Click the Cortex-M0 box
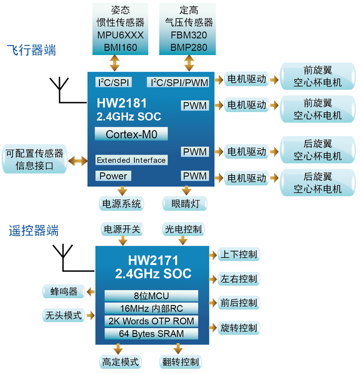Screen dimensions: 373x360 [131, 135]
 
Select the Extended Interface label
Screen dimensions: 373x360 [131, 160]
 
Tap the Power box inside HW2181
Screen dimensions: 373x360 [113, 176]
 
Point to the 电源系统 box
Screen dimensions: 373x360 [121, 203]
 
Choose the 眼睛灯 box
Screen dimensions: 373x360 [185, 203]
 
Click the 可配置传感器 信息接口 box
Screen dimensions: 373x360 [34, 159]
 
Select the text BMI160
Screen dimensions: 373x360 [120, 47]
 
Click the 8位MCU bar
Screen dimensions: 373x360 [151, 296]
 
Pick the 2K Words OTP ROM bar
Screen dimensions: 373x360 [151, 321]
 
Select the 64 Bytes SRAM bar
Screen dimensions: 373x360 [151, 333]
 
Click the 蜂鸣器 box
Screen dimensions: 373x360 [64, 291]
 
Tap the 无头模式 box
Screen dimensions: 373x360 [63, 315]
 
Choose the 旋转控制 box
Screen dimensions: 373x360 [238, 328]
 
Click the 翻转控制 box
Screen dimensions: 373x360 [180, 362]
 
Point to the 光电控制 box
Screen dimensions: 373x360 [184, 229]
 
